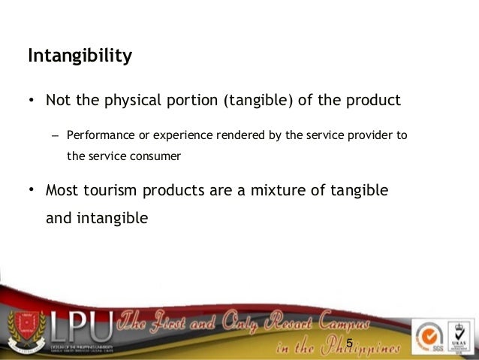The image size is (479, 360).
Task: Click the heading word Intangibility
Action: [x=80, y=56]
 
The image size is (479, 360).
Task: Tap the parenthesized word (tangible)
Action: [x=252, y=100]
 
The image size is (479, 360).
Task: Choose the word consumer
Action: [x=156, y=157]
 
